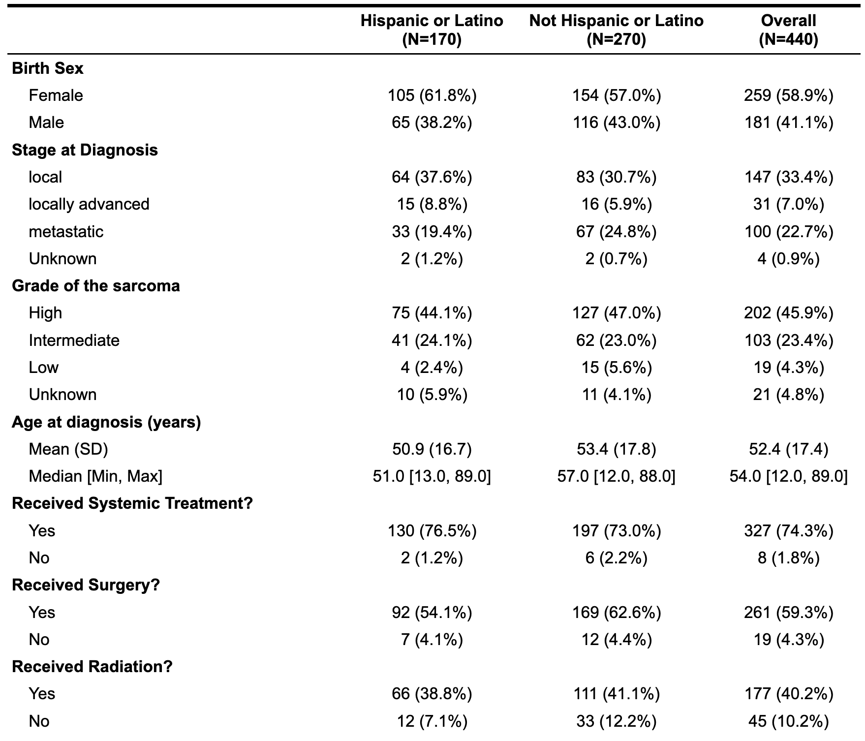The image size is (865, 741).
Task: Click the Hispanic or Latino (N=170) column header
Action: pyautogui.click(x=432, y=30)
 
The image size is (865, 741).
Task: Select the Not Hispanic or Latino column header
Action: pyautogui.click(x=616, y=30)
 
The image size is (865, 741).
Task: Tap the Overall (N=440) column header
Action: pyautogui.click(x=788, y=30)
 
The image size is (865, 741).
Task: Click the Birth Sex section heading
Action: pyautogui.click(x=48, y=68)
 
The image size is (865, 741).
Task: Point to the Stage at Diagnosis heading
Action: pyautogui.click(x=85, y=150)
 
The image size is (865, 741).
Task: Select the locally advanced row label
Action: pyautogui.click(x=89, y=204)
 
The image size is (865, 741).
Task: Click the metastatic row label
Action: pyautogui.click(x=66, y=231)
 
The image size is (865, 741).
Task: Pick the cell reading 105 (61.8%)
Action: pyautogui.click(x=432, y=95)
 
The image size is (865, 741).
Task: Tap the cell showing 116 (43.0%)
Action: pyautogui.click(x=617, y=123)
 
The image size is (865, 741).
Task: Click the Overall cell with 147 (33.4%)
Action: pyautogui.click(x=789, y=177)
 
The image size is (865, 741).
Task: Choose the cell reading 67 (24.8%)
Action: pyautogui.click(x=617, y=231)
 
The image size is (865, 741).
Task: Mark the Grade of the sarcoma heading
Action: pyautogui.click(x=96, y=286)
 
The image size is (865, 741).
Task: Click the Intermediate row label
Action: pyautogui.click(x=74, y=340)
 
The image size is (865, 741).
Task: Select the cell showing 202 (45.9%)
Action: pyautogui.click(x=789, y=313)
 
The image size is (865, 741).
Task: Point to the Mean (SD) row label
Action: pyautogui.click(x=68, y=449)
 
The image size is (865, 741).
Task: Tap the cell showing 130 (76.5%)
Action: pyautogui.click(x=432, y=530)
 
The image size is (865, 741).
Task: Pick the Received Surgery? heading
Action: pyautogui.click(x=86, y=585)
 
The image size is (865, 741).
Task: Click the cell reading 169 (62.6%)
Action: pyautogui.click(x=617, y=612)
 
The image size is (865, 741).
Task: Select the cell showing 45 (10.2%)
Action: pyautogui.click(x=789, y=721)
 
